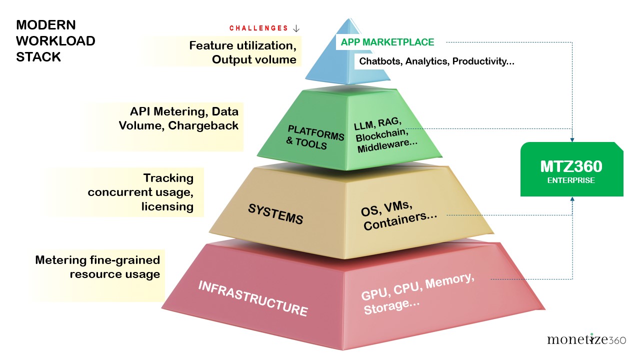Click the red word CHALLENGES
(x=258, y=28)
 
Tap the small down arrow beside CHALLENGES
(x=295, y=28)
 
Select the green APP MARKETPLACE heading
(x=387, y=42)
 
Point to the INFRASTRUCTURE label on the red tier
(x=252, y=298)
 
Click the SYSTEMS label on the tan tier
(x=275, y=214)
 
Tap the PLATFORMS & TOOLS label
(x=315, y=137)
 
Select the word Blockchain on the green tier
(x=380, y=135)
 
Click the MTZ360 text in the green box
(x=571, y=166)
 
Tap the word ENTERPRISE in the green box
(x=571, y=180)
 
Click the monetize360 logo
(x=586, y=339)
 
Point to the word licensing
(x=167, y=206)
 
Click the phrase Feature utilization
(x=242, y=46)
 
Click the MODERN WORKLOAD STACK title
(x=55, y=41)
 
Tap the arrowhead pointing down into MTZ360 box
(x=572, y=138)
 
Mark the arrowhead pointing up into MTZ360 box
(x=572, y=199)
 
